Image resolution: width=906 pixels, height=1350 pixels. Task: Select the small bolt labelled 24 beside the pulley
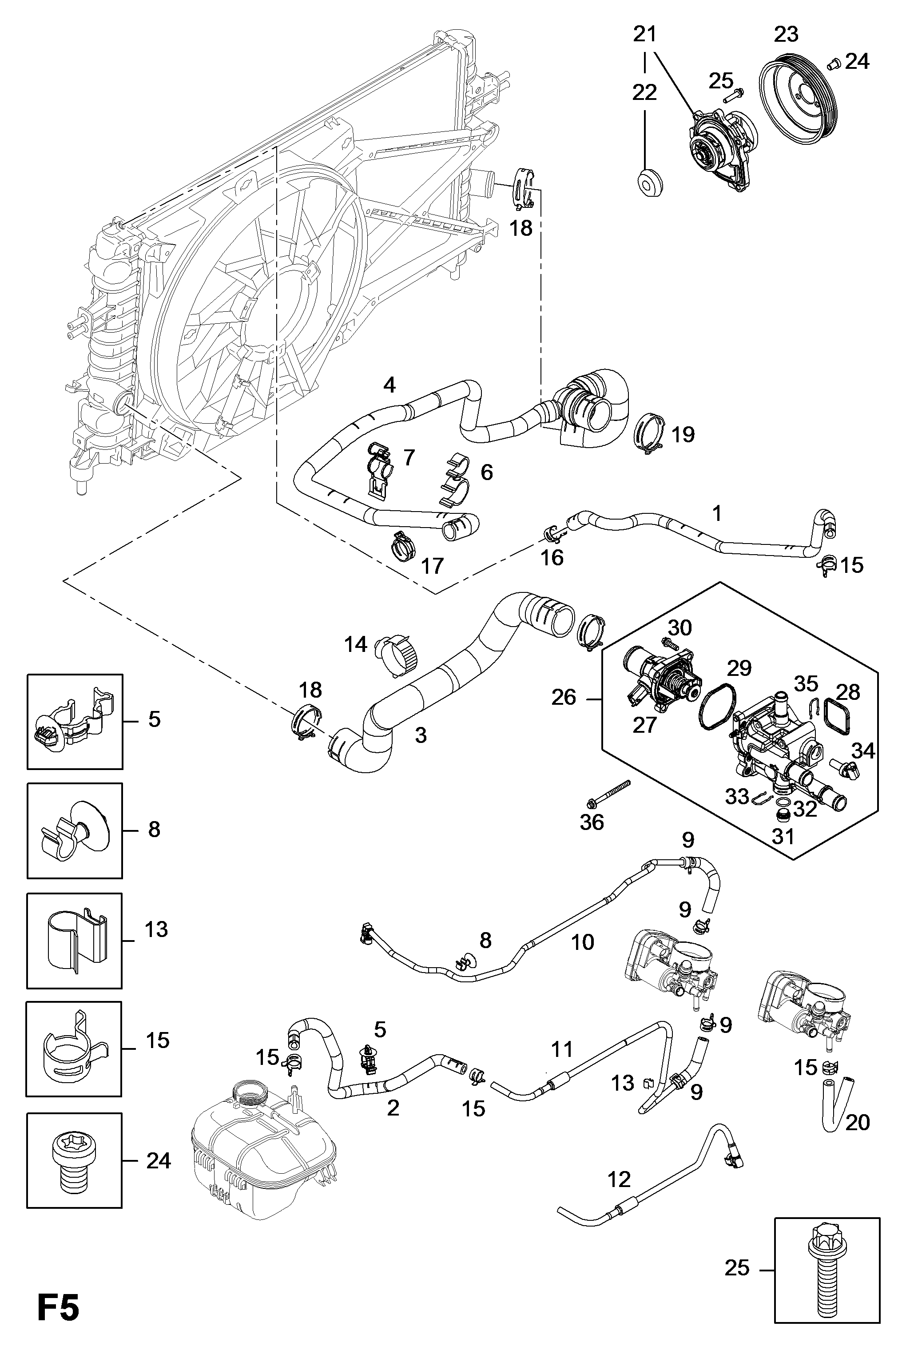coord(833,64)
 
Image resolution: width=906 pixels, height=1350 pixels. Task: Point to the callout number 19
coord(683,434)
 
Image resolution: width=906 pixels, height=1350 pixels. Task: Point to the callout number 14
coord(355,644)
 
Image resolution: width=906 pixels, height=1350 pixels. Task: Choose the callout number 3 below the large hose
coord(421,735)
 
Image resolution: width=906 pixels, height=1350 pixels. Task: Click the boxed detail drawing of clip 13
coord(75,941)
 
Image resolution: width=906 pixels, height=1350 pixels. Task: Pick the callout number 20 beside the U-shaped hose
coord(858,1123)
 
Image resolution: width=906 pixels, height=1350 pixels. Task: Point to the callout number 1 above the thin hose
coord(717,513)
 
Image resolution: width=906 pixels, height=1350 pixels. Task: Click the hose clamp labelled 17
coord(407,545)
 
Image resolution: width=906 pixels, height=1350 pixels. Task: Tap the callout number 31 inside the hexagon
coord(783,837)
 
